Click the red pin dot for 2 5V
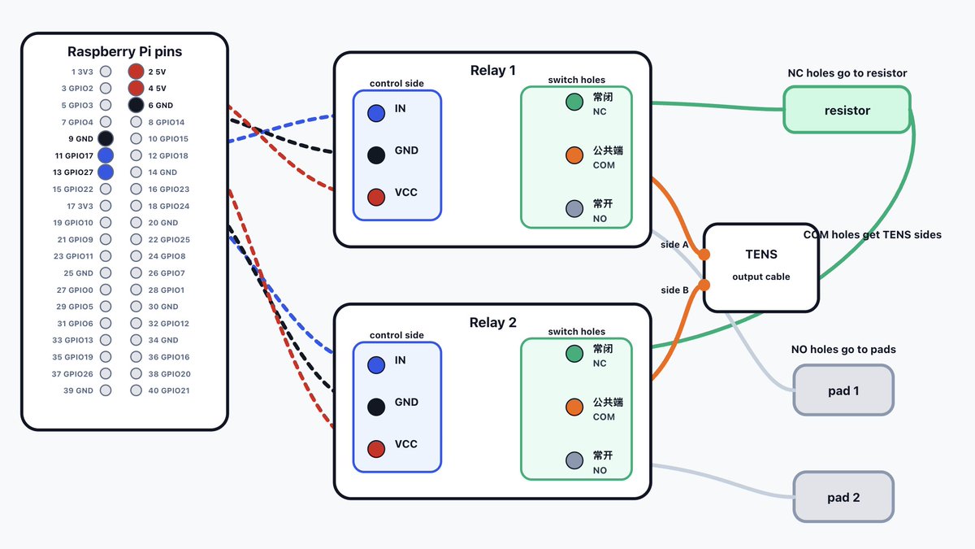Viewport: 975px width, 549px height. pyautogui.click(x=136, y=72)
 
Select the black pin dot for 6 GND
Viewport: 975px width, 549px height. pyautogui.click(x=136, y=105)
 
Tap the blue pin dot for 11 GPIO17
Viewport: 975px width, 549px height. pyautogui.click(x=106, y=155)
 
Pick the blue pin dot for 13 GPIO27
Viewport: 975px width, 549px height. pyautogui.click(x=106, y=172)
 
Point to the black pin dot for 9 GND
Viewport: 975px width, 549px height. pyautogui.click(x=106, y=138)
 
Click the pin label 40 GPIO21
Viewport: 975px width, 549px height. pyautogui.click(x=169, y=390)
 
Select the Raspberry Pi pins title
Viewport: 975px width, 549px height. pyautogui.click(x=124, y=51)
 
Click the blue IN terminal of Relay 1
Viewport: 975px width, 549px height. pyautogui.click(x=376, y=113)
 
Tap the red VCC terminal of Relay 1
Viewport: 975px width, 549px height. pyautogui.click(x=376, y=197)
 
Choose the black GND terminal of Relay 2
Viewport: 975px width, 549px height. pyautogui.click(x=376, y=407)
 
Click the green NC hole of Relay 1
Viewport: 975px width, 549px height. pyautogui.click(x=574, y=102)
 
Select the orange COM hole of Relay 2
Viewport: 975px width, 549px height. pyautogui.click(x=574, y=407)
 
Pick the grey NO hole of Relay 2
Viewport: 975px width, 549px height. pyautogui.click(x=574, y=460)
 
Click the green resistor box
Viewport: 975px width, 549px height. pyautogui.click(x=847, y=110)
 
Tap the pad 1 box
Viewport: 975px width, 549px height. pyautogui.click(x=843, y=390)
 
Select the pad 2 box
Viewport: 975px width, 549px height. pyautogui.click(x=843, y=497)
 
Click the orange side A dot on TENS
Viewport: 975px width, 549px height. pyautogui.click(x=704, y=255)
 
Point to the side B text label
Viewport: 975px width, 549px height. pyautogui.click(x=674, y=290)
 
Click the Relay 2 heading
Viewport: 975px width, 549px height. pyautogui.click(x=492, y=322)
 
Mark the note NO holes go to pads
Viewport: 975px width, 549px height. pyautogui.click(x=843, y=350)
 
